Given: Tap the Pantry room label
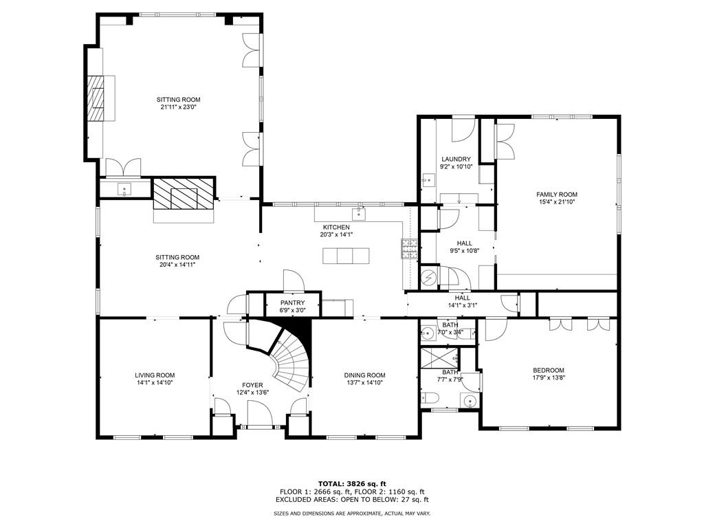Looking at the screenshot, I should [293, 302].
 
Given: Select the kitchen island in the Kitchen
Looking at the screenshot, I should [346, 256].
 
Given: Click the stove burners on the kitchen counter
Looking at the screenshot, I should [410, 250].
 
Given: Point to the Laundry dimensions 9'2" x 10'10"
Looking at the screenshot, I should [456, 166].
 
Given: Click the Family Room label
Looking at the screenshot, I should [556, 195].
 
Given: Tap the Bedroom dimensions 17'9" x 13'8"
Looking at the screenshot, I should [548, 377].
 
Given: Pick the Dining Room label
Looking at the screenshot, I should [364, 375].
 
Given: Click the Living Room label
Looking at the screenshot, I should [155, 375].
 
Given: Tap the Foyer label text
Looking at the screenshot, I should [252, 385].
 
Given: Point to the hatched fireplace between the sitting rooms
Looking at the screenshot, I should [183, 195].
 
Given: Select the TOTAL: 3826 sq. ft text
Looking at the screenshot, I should [351, 483].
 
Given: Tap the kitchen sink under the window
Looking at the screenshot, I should [359, 212].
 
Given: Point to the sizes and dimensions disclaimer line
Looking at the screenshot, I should [351, 514].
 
